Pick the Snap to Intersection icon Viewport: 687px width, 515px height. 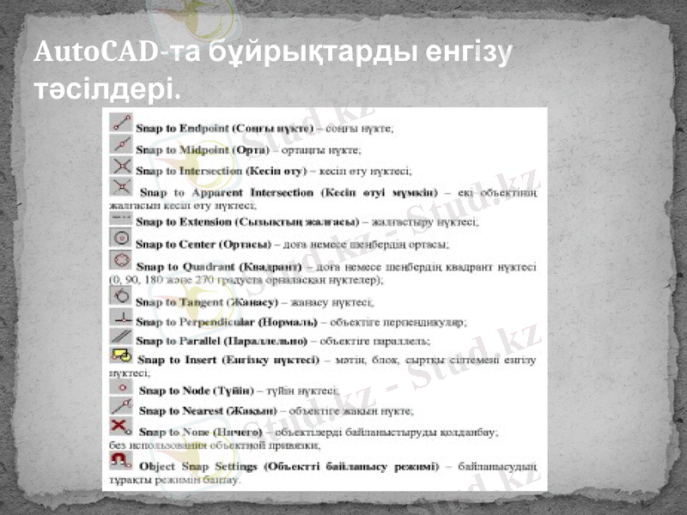[121, 165]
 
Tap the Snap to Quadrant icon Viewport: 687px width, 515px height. [121, 260]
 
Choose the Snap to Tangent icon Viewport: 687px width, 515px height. [121, 296]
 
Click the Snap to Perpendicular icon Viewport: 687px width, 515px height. [121, 317]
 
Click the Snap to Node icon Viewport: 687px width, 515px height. [121, 388]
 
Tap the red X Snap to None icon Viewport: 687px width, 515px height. [121, 426]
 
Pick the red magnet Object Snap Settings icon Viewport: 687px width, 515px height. [121, 461]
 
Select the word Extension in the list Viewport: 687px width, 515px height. [210, 221]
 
